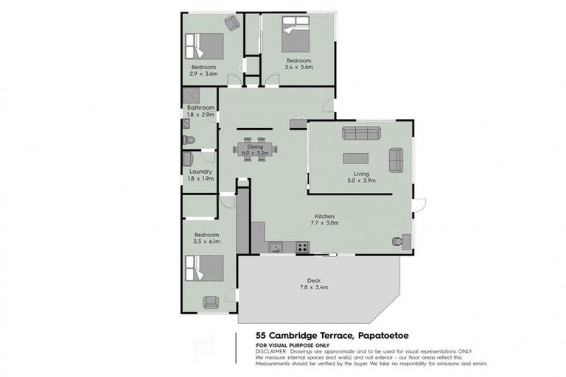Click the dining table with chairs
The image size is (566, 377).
click(x=255, y=150)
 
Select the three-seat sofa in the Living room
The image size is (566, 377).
click(x=360, y=133)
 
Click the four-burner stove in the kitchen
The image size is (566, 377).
click(x=302, y=247)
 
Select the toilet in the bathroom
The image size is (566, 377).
click(x=187, y=138)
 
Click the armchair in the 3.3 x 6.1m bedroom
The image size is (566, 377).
click(x=210, y=301)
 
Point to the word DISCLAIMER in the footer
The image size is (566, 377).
click(x=273, y=351)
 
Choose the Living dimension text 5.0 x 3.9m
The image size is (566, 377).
click(x=361, y=180)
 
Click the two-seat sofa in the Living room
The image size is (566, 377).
click(x=396, y=158)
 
